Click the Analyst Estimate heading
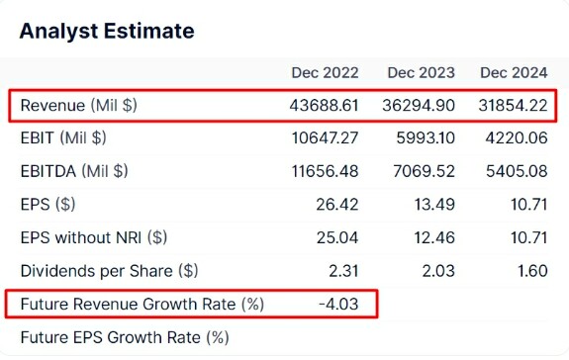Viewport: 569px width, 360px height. [107, 32]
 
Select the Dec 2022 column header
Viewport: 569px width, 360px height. [325, 73]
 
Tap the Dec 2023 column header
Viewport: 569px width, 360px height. [421, 73]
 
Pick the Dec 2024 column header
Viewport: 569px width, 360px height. [514, 73]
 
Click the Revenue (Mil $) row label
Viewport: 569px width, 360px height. [79, 106]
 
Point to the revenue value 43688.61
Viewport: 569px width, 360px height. [324, 106]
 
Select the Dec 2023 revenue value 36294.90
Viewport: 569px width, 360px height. [419, 106]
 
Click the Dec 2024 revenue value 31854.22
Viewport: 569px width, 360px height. [513, 106]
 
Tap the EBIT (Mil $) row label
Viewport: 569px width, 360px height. [63, 138]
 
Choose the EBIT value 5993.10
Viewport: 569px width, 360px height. [426, 138]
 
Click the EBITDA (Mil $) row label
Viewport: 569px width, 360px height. [74, 171]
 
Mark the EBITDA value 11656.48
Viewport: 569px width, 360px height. [326, 171]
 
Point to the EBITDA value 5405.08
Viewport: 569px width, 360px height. [517, 171]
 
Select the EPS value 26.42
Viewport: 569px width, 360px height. [337, 205]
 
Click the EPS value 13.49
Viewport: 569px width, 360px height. [434, 205]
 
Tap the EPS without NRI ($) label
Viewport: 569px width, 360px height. [94, 237]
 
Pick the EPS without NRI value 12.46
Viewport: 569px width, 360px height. [434, 237]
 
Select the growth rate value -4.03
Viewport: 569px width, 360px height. [338, 304]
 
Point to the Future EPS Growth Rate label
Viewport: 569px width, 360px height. [125, 337]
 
